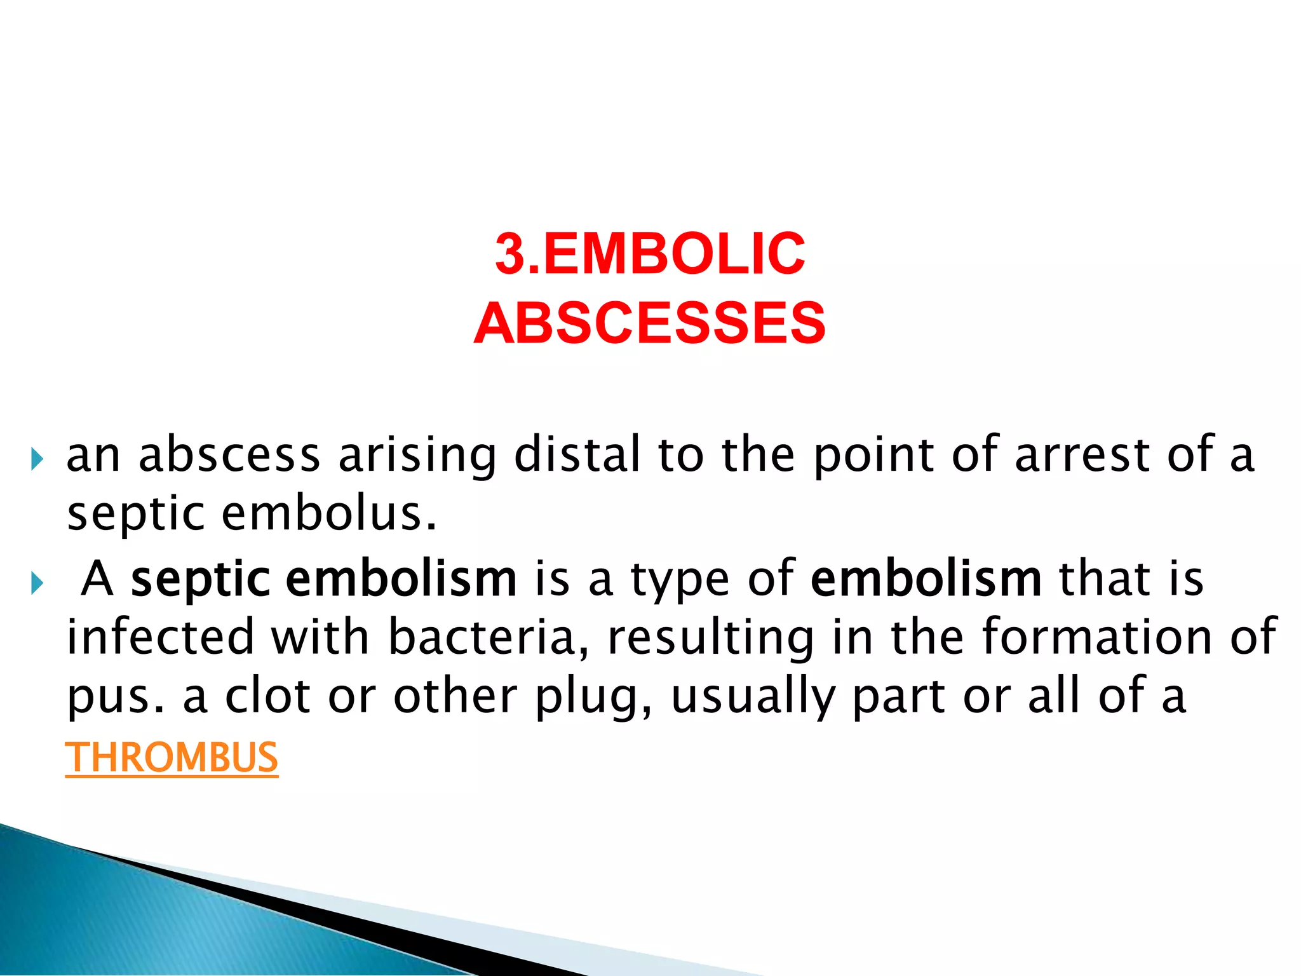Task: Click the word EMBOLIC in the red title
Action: pos(675,254)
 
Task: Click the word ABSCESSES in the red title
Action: pos(649,323)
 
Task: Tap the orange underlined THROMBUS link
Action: pos(172,757)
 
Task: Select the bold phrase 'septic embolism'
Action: pos(323,579)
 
